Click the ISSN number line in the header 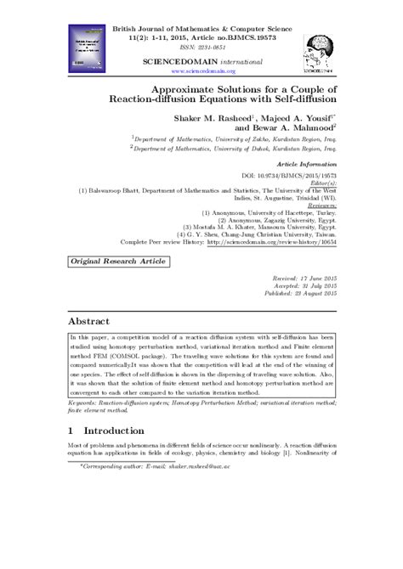coord(202,48)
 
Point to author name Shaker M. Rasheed coord(207,117)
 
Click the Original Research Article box coord(110,267)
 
